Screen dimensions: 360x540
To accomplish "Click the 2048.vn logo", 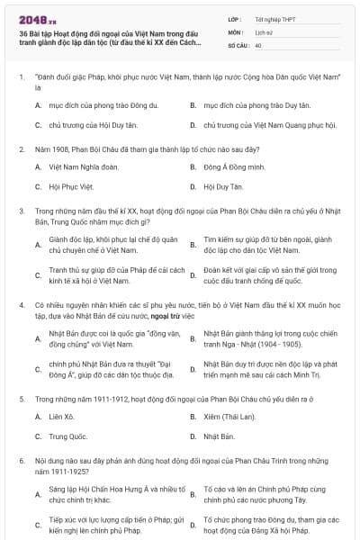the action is click(x=37, y=17).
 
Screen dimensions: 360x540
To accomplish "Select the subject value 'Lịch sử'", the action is click(x=263, y=31).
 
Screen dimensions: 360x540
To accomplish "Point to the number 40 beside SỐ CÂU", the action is click(x=258, y=44).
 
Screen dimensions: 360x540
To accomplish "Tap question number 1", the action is click(x=21, y=78).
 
